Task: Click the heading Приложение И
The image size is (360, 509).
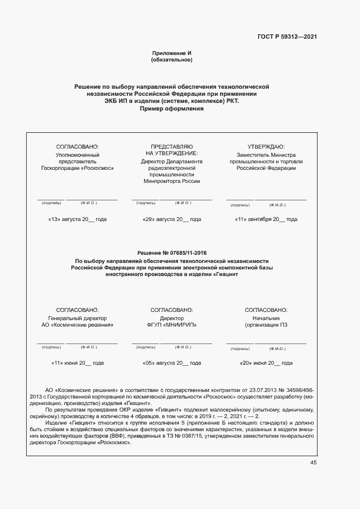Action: (x=172, y=53)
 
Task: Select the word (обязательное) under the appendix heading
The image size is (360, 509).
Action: (x=172, y=60)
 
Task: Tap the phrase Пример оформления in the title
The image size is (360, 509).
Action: (x=172, y=108)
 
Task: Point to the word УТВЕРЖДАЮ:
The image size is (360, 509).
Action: (x=266, y=146)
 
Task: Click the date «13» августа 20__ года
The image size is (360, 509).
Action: (x=78, y=219)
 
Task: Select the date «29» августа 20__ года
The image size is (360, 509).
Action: (x=172, y=219)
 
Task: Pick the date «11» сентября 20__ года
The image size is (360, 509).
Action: (x=266, y=219)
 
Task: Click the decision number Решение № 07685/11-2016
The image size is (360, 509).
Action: (x=172, y=253)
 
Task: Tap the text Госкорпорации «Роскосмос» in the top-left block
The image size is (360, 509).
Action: (x=78, y=168)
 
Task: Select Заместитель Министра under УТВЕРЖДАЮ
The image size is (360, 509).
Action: (x=266, y=155)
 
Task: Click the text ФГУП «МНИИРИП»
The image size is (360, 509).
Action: (x=172, y=324)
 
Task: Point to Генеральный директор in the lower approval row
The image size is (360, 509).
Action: (x=78, y=318)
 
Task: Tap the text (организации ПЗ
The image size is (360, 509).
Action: (x=266, y=324)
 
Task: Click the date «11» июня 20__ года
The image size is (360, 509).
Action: (x=78, y=363)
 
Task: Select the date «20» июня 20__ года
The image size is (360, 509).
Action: (x=266, y=363)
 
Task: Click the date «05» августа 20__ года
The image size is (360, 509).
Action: (x=172, y=363)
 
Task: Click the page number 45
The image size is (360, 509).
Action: (x=313, y=463)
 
